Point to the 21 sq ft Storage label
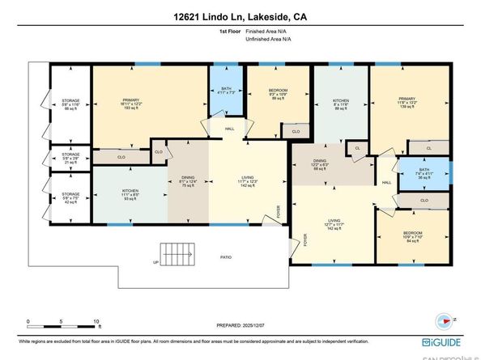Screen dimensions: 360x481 [71, 157]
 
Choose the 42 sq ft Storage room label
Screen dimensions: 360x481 [71, 197]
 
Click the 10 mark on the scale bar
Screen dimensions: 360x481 [97, 321]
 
